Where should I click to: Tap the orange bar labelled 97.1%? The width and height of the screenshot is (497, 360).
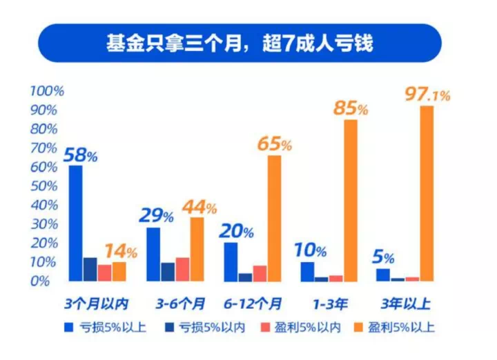tap(427, 193)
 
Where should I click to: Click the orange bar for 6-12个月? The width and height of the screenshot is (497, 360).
tap(274, 218)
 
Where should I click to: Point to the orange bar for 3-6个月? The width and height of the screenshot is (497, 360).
tap(197, 249)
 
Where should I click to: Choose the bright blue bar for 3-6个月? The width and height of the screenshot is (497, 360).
tap(153, 254)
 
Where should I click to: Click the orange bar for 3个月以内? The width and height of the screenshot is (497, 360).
tap(119, 271)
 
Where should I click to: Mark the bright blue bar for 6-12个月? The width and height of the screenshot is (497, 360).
tap(231, 261)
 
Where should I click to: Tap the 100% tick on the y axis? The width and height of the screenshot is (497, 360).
tap(48, 91)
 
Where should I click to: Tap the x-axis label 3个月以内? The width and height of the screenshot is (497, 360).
tap(97, 303)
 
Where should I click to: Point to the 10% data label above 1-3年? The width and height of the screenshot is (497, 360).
tap(313, 251)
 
